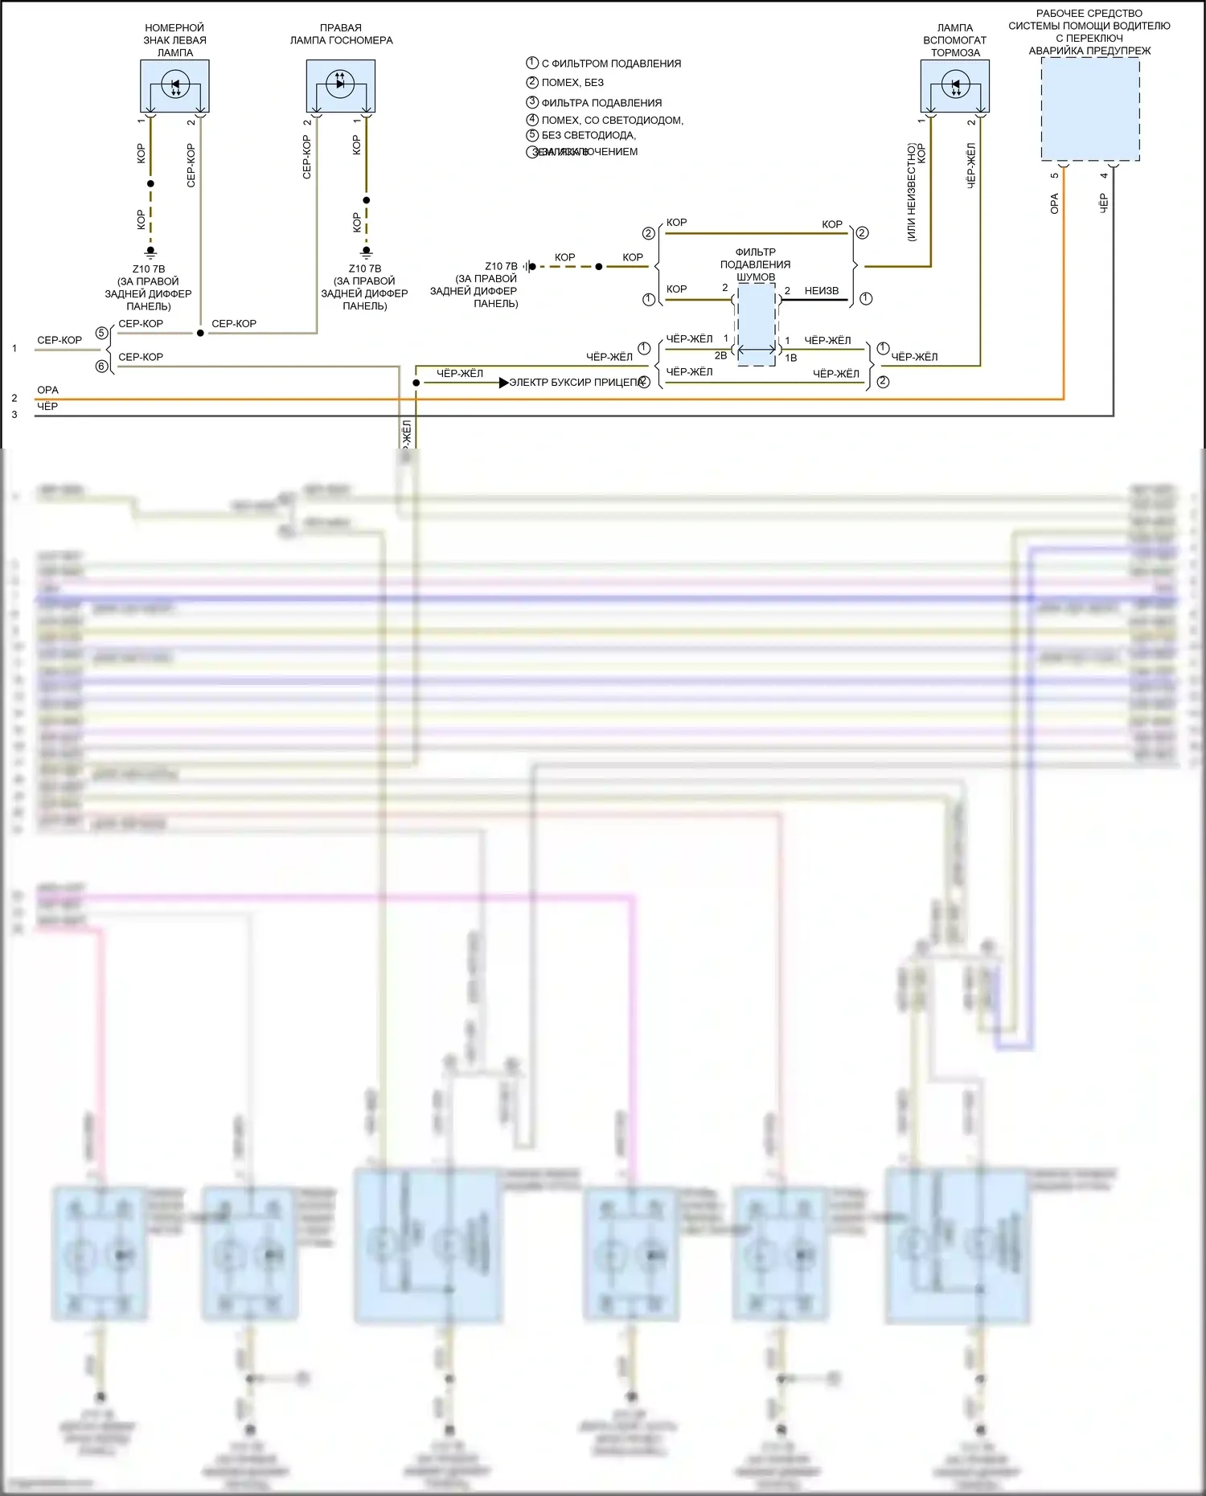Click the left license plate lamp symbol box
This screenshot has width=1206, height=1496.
click(174, 86)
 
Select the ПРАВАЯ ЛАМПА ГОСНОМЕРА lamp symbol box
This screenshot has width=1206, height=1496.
click(340, 86)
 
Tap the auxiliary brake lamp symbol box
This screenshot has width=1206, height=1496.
click(954, 86)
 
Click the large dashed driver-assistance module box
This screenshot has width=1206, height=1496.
click(1090, 109)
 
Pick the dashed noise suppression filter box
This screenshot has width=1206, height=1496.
click(757, 325)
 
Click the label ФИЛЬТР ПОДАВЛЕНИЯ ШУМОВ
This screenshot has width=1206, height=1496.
click(755, 264)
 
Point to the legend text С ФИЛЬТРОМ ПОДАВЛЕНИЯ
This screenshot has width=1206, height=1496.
click(611, 64)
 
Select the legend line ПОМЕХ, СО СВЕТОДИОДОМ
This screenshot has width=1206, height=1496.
click(612, 120)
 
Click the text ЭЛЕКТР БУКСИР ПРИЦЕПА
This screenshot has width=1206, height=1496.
click(577, 383)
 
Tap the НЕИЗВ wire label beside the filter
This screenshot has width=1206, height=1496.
click(821, 291)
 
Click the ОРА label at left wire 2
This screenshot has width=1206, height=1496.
click(47, 390)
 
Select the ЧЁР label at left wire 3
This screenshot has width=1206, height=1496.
click(47, 407)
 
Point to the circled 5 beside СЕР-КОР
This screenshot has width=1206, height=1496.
click(101, 333)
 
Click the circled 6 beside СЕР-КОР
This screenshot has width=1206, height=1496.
click(101, 367)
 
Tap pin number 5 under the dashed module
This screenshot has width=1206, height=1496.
click(1054, 175)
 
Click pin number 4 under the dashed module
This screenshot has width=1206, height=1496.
click(1104, 175)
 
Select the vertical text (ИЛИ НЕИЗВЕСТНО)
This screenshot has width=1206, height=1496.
click(911, 192)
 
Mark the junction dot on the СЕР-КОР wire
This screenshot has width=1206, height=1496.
click(200, 333)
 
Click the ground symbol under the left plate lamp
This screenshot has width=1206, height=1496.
click(150, 252)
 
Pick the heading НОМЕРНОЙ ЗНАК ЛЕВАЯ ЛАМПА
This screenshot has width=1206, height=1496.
click(174, 40)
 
